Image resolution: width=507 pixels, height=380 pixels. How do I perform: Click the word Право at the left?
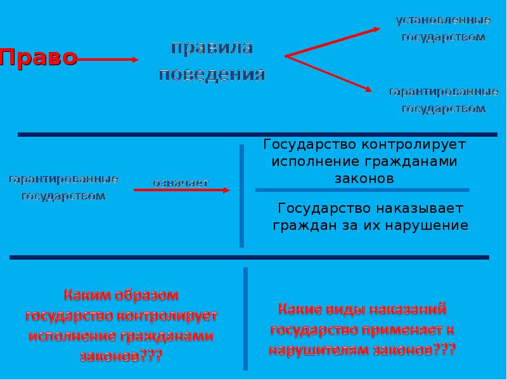[39, 58]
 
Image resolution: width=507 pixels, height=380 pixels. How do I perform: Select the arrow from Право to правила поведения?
[108, 60]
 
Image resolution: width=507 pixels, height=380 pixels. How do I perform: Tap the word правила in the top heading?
[212, 47]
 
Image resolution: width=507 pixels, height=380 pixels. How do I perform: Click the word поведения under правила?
[212, 75]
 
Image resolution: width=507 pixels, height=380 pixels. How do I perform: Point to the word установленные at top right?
[443, 20]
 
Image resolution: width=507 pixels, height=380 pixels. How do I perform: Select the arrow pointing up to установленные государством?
[333, 42]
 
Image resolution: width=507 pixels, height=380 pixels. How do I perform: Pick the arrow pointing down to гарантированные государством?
[330, 73]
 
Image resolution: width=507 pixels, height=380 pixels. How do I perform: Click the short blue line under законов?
[362, 190]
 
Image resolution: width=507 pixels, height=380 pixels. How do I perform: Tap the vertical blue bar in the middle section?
[241, 196]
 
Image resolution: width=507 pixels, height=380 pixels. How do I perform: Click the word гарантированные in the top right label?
[443, 92]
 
